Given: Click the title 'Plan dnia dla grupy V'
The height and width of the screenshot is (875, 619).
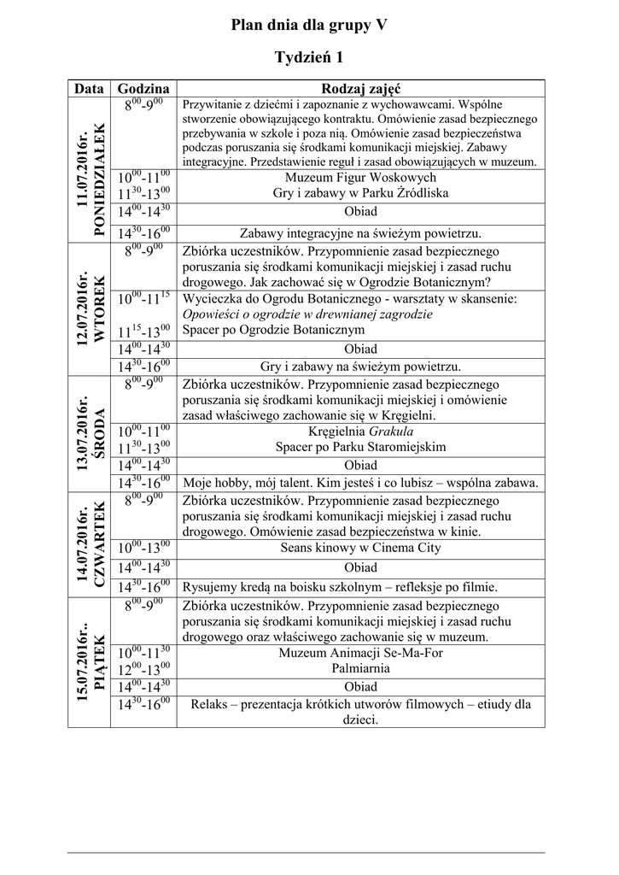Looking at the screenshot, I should point(309,26).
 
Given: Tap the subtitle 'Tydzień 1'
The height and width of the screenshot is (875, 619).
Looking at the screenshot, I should point(309,57).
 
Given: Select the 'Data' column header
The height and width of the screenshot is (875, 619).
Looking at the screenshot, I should point(89,88).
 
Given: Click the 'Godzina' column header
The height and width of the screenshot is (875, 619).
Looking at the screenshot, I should point(143,88).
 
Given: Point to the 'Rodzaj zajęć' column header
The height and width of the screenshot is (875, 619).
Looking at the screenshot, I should point(360,88).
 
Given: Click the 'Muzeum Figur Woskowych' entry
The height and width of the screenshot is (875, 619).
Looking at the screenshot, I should point(360,178).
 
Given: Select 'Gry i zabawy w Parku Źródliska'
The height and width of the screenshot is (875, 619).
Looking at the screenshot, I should point(360,193).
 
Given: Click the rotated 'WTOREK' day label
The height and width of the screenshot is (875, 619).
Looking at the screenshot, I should point(99,308).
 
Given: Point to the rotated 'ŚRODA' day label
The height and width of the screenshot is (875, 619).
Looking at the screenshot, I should point(99,432).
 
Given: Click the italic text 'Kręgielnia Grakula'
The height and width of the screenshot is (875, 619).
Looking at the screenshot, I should point(360,432).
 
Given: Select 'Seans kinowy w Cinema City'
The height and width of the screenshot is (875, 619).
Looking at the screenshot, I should point(360,549).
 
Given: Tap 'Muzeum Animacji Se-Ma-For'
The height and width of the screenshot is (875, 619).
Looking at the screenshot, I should point(360,653).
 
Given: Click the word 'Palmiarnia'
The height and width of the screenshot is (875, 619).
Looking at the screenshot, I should point(360,668).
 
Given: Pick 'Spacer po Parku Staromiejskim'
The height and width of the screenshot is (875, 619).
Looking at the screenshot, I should point(360,447).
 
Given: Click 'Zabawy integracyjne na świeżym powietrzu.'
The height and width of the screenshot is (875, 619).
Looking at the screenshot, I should point(360,232).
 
